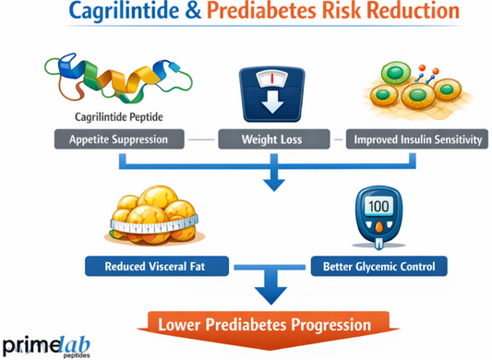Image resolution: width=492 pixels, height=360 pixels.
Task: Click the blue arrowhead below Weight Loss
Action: point(274,181)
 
